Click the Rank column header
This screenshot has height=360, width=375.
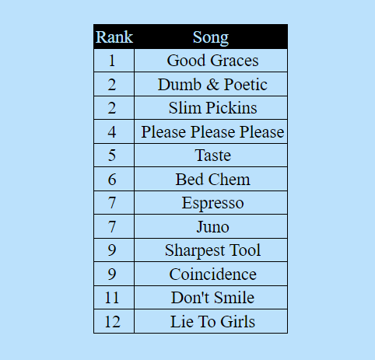pyautogui.click(x=114, y=37)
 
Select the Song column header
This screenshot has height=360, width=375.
pyautogui.click(x=211, y=37)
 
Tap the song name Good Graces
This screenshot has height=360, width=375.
pyautogui.click(x=212, y=61)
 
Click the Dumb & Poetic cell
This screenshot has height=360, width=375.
pyautogui.click(x=212, y=85)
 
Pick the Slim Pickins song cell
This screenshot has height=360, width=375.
pyautogui.click(x=212, y=108)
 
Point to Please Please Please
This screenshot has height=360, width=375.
pyautogui.click(x=212, y=132)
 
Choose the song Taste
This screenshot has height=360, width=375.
pyautogui.click(x=212, y=156)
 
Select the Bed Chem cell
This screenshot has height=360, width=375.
pyautogui.click(x=212, y=180)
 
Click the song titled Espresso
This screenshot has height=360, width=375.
pyautogui.click(x=212, y=203)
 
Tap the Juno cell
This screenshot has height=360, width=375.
pyautogui.click(x=212, y=227)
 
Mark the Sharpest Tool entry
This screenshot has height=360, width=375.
pyautogui.click(x=212, y=250)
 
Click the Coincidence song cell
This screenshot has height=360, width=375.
pyautogui.click(x=212, y=274)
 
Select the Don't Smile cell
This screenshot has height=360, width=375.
pyautogui.click(x=212, y=298)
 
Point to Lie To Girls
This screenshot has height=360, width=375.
pyautogui.click(x=212, y=322)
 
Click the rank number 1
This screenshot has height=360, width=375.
pyautogui.click(x=112, y=61)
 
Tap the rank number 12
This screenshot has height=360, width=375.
pyautogui.click(x=112, y=322)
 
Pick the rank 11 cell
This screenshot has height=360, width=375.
pyautogui.click(x=112, y=298)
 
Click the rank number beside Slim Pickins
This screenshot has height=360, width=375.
pyautogui.click(x=112, y=108)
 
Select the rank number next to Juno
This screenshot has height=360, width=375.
pyautogui.click(x=112, y=227)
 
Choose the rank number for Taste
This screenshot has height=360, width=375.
pyautogui.click(x=112, y=156)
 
